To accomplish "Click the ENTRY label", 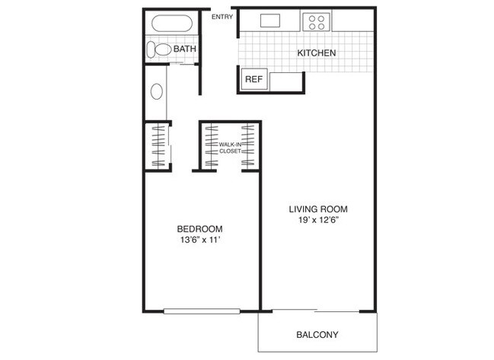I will [x=222, y=17].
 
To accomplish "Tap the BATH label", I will [x=185, y=49].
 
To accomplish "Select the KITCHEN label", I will [x=317, y=53].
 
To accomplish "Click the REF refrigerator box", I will [x=253, y=78].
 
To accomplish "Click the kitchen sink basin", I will [x=270, y=21].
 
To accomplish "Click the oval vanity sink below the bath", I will [x=158, y=91].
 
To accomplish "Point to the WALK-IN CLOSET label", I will [x=230, y=147].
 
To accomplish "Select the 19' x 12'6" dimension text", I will [x=317, y=221].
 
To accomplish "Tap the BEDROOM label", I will [x=199, y=228].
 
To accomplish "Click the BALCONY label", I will [x=317, y=334].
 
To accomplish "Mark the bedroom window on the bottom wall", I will [x=202, y=310].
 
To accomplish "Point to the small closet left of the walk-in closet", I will [x=158, y=145].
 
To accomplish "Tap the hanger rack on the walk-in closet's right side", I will [x=250, y=146].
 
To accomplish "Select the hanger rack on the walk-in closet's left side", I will [x=210, y=146].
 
